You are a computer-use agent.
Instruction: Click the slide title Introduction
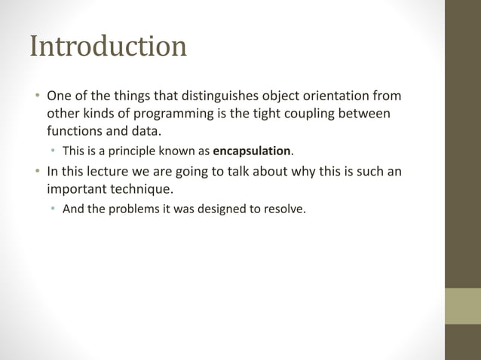108,47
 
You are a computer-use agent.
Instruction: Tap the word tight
271,113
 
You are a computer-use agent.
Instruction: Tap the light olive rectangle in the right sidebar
463,306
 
